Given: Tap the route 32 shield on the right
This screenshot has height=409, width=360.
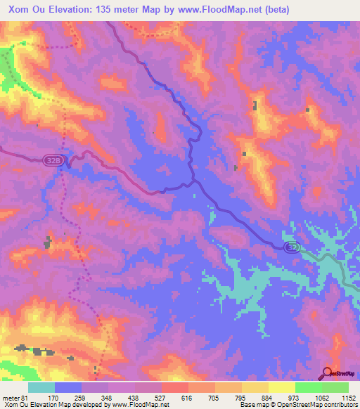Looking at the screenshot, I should [293, 247].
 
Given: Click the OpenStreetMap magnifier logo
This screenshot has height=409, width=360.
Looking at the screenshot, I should [326, 372].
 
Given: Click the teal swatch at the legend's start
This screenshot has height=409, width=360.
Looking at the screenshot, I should [41, 387].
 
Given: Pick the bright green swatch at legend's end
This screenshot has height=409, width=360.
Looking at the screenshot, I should [335, 387].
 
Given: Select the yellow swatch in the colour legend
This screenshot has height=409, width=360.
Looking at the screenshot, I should [282, 387].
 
